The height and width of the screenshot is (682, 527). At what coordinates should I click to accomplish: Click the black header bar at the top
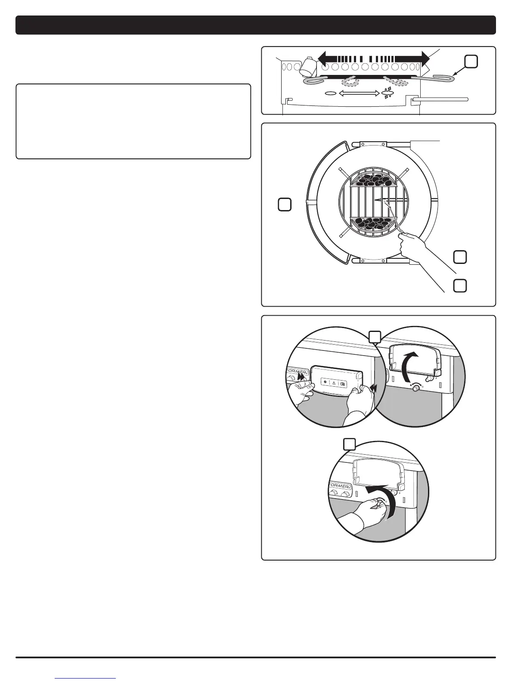pyautogui.click(x=256, y=25)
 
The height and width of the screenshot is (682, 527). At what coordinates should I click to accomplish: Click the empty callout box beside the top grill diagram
pyautogui.click(x=471, y=62)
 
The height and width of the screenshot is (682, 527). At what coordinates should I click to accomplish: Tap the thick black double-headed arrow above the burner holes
pyautogui.click(x=374, y=58)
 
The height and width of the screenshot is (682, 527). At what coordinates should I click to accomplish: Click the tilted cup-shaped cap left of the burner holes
pyautogui.click(x=308, y=66)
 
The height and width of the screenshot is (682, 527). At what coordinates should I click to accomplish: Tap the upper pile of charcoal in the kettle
pyautogui.click(x=373, y=180)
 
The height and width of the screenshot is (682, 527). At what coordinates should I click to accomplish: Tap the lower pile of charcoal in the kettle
pyautogui.click(x=373, y=222)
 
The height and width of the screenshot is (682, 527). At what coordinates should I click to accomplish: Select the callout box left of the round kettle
pyautogui.click(x=284, y=204)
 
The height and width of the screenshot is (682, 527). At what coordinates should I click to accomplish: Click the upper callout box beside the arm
pyautogui.click(x=460, y=257)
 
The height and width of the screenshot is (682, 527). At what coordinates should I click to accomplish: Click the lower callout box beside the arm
pyautogui.click(x=460, y=285)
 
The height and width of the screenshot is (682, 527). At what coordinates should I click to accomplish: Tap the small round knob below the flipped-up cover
pyautogui.click(x=416, y=388)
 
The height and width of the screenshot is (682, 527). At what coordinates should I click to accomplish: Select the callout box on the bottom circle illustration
pyautogui.click(x=349, y=444)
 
